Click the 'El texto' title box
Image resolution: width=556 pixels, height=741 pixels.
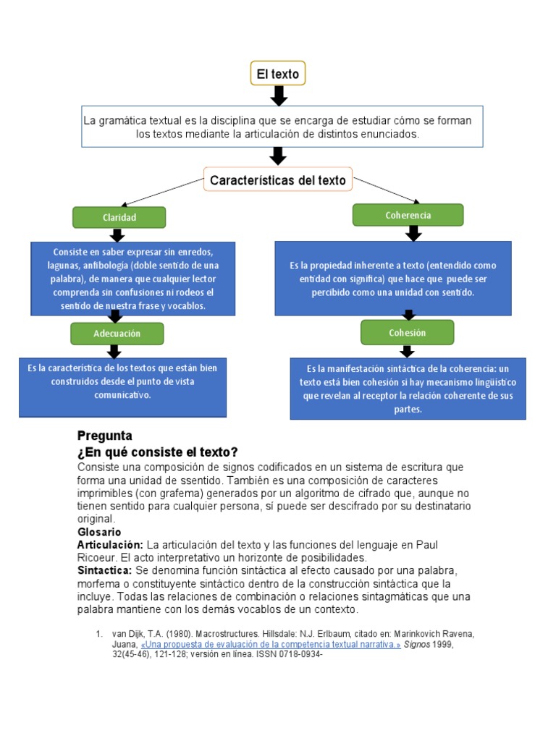coord(278,74)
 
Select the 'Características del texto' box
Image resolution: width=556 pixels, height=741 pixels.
coord(278,179)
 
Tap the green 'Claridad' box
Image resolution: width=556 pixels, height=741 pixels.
coord(119,217)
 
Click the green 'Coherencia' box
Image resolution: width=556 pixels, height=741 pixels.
coord(408,215)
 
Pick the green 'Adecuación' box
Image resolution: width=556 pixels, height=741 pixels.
coord(117,334)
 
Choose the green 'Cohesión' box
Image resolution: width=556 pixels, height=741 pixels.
coord(408,333)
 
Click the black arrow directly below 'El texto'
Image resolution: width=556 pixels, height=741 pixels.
coord(279,96)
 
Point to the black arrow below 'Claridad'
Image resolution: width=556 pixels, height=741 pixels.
coord(117,235)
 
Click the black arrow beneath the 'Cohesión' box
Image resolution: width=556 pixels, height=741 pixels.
coord(408,351)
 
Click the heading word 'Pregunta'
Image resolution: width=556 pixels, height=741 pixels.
coord(104,436)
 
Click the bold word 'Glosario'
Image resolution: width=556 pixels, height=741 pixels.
coord(99,532)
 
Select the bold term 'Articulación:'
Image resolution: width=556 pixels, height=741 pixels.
coord(111,544)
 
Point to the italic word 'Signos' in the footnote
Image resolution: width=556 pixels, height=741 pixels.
coord(417,644)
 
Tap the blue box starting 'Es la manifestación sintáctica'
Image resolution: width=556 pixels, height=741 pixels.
coord(408,389)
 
